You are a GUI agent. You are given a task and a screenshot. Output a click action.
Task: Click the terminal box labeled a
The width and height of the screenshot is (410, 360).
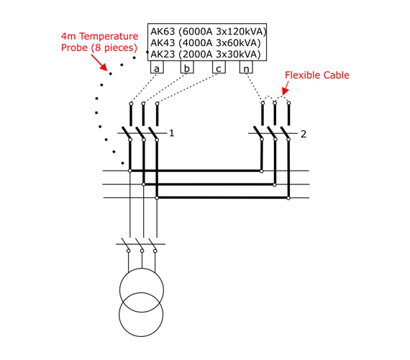point(157,67)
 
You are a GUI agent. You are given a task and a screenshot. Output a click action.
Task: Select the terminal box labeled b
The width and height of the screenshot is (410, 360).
point(187,67)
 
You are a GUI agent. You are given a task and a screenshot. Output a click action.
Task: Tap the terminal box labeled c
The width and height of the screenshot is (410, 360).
point(219,67)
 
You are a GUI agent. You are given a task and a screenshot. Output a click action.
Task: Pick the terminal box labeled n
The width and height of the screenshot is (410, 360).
point(246,67)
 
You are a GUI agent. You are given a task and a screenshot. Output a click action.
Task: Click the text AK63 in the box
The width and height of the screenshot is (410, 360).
point(163,32)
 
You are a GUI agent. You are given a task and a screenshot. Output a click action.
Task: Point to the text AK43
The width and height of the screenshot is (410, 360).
point(163,42)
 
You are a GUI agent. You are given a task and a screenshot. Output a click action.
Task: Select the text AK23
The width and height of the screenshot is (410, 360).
point(163,54)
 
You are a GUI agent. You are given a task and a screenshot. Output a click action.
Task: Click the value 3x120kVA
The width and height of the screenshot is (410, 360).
point(239,32)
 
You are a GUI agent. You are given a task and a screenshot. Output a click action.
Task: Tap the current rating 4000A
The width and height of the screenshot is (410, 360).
point(197,42)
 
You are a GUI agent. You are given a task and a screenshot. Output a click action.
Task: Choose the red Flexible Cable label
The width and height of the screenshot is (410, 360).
point(317,75)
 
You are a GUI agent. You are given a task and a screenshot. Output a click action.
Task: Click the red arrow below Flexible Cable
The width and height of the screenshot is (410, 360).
point(286,88)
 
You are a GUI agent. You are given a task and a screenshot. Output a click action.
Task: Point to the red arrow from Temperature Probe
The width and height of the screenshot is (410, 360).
point(99,63)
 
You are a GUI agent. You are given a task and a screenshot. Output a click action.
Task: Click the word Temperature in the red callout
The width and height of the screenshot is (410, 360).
point(109,36)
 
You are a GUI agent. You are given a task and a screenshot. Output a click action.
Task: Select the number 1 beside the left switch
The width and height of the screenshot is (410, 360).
point(171,133)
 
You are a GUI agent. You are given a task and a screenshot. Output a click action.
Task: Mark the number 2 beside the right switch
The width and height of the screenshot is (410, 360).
point(304,134)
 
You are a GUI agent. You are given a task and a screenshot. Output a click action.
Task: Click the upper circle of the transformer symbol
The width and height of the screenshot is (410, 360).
point(142,269)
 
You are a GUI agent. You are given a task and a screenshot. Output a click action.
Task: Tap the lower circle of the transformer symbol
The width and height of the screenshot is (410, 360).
point(141,336)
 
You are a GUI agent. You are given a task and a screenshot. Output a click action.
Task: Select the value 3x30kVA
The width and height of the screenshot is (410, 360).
point(236,54)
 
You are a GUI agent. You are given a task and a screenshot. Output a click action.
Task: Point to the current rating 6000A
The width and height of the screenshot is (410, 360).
point(197,32)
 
